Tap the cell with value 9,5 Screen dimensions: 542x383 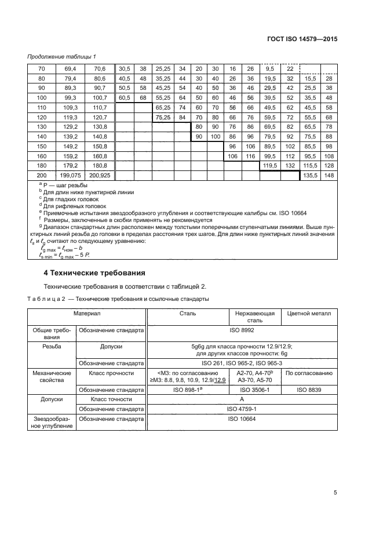tap(269, 68)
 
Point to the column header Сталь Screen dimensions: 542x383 tap(188, 313)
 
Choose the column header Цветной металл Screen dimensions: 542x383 tap(309, 313)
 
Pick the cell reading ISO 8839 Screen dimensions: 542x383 tap(309, 390)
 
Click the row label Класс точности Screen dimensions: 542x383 tap(112, 399)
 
